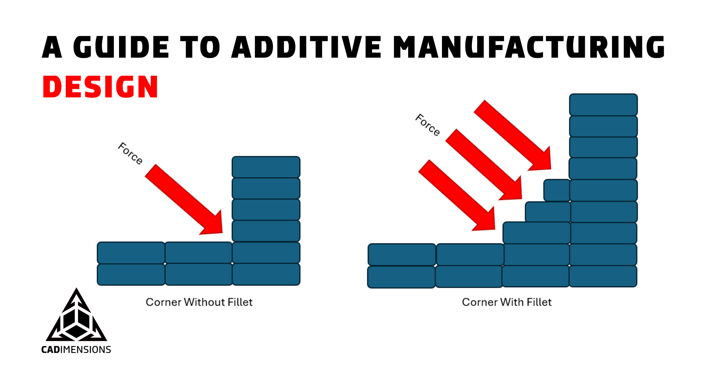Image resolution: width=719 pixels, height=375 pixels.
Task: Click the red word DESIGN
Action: tap(100, 87)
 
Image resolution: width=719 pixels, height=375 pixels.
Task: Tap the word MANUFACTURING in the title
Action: tap(529, 47)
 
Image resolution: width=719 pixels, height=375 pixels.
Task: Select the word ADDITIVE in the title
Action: tap(306, 47)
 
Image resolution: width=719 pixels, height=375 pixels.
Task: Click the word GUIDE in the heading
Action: tap(121, 47)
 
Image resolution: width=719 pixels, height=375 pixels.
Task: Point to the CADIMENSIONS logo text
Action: tap(76, 349)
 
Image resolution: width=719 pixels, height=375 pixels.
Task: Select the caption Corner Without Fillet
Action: tap(199, 302)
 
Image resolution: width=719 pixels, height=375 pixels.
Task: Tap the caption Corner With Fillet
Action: tap(506, 302)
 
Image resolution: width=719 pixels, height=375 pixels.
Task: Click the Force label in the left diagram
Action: tap(130, 153)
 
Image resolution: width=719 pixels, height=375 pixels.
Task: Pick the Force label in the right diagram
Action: tap(427, 125)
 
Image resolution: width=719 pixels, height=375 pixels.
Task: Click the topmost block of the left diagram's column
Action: tap(266, 167)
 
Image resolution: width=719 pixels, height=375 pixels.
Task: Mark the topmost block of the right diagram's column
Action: tap(603, 104)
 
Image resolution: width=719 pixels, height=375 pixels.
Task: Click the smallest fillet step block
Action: tap(557, 190)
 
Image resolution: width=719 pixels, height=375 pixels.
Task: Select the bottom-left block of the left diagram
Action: tap(131, 275)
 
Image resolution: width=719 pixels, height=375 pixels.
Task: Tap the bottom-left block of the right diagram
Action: tap(401, 277)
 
